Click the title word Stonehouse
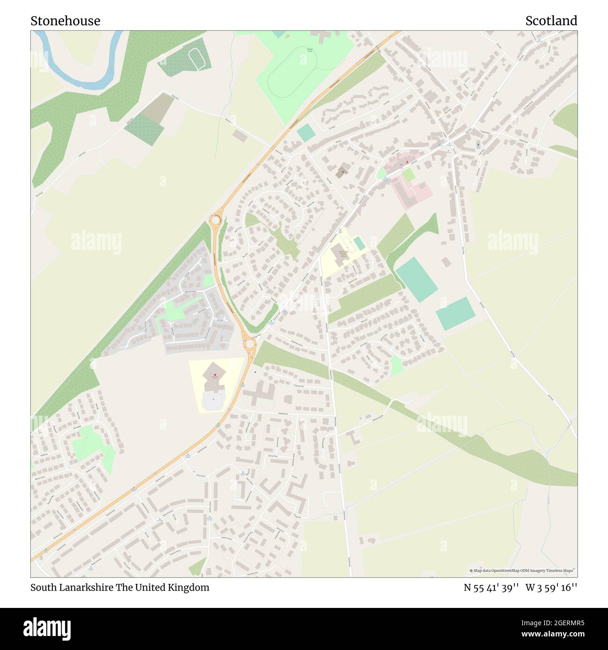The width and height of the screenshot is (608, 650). tap(65, 21)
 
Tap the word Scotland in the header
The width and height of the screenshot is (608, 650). tap(551, 21)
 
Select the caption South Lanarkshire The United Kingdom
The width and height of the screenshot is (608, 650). tap(120, 587)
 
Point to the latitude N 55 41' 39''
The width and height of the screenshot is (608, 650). tap(491, 587)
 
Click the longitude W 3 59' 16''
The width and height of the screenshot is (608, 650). tap(551, 587)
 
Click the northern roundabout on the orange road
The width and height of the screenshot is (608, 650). tap(216, 219)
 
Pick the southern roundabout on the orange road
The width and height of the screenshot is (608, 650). tap(250, 345)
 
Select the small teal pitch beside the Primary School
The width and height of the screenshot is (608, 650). tap(360, 243)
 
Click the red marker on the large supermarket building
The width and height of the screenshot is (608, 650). tap(215, 375)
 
